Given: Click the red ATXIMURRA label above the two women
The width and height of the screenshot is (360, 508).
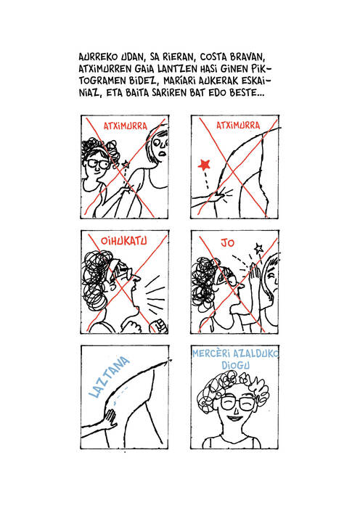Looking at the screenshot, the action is click(x=125, y=126).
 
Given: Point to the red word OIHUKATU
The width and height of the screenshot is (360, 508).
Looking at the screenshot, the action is click(x=124, y=241).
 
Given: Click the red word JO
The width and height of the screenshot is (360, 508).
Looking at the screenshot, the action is click(x=227, y=242).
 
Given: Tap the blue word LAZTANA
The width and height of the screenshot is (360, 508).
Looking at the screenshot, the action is click(x=109, y=377).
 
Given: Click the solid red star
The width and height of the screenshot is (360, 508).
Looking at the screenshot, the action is click(x=204, y=165).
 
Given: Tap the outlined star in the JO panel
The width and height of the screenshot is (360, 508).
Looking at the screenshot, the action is click(x=258, y=248).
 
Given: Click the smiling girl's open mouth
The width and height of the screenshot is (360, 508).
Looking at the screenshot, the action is click(x=234, y=419).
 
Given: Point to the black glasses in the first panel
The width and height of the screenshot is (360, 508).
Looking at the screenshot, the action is click(x=98, y=163).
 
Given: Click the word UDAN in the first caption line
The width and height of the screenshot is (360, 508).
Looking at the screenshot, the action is click(x=132, y=57).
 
